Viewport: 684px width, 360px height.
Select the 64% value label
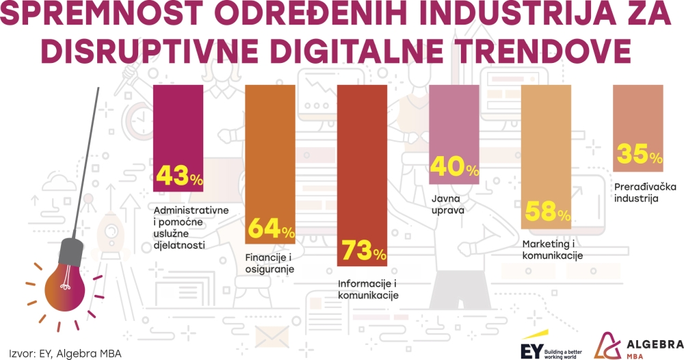coord(271,229)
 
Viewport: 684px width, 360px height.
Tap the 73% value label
coord(363,252)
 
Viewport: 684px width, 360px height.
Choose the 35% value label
coord(639,155)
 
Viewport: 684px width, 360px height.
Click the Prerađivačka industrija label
coord(635,192)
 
